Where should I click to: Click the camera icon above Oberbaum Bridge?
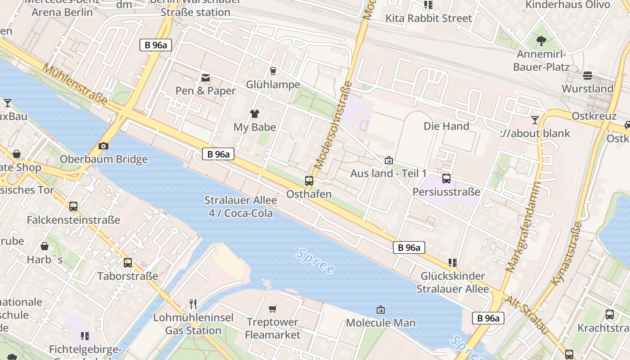(103, 146)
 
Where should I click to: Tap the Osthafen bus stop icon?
(309, 181)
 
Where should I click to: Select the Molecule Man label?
(381, 323)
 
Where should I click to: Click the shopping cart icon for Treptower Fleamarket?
(272, 309)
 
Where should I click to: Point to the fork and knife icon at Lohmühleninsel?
(193, 304)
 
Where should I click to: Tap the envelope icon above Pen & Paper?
(206, 78)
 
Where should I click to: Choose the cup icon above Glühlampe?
(273, 71)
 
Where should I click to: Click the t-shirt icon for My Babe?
(255, 114)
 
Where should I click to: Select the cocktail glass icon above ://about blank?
(535, 120)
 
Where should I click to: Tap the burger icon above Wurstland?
(588, 75)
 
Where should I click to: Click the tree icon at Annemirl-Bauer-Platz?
(541, 41)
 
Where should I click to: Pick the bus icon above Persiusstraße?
(446, 179)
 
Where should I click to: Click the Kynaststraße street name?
(567, 253)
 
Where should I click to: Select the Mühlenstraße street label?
(75, 84)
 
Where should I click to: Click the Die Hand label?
(446, 126)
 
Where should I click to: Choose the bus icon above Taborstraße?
(128, 263)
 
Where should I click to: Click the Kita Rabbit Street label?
(428, 18)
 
